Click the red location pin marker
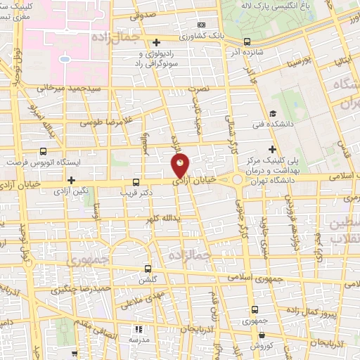[181, 165]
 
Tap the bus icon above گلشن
[148, 268]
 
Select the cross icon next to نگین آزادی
[71, 181]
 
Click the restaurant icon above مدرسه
[139, 328]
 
